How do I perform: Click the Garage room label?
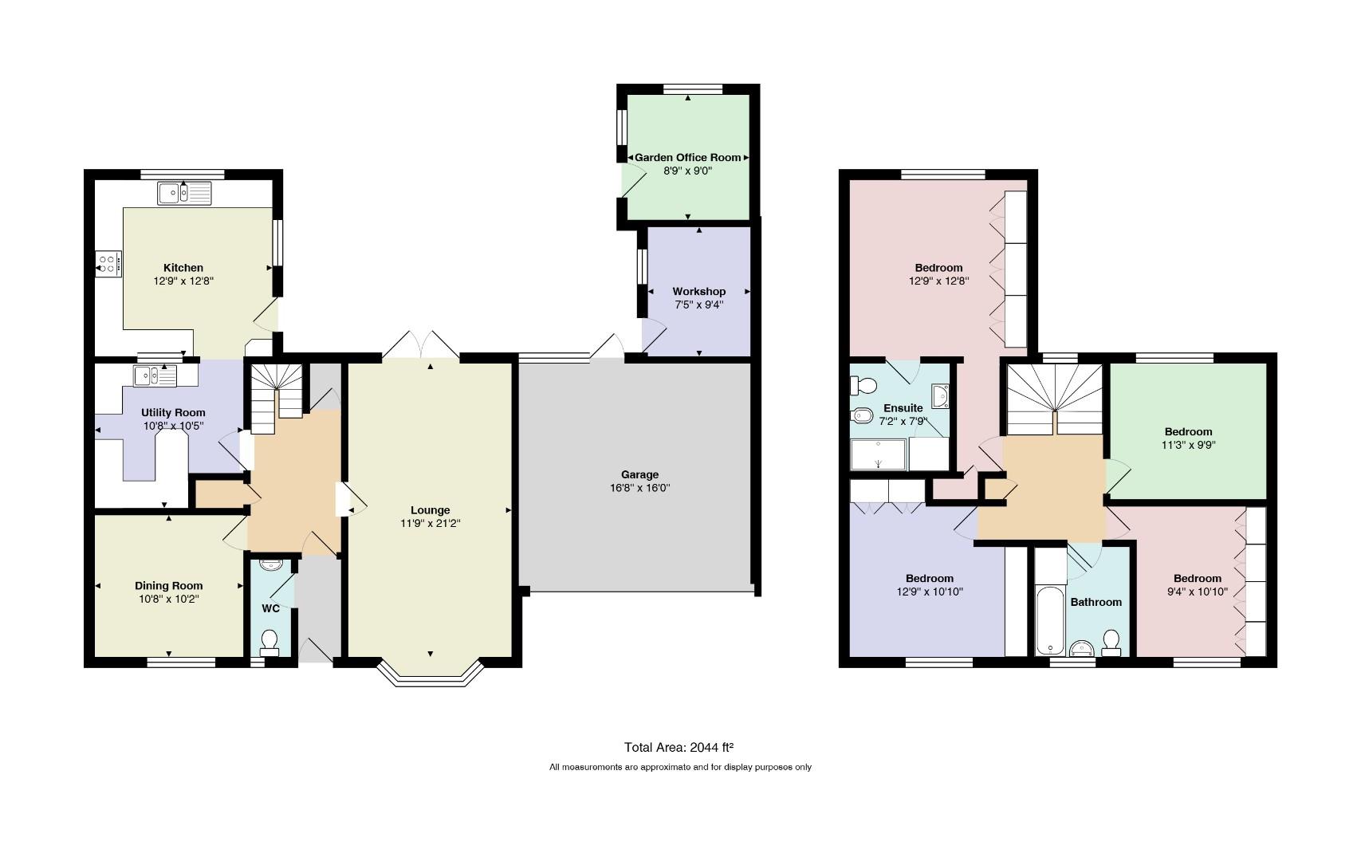coord(639,474)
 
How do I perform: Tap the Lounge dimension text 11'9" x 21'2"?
coord(431,523)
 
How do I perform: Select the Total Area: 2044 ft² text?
coord(679,747)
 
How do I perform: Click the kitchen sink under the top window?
coord(184,194)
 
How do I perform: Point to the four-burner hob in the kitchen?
coord(108,264)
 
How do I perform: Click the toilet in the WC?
coord(269,643)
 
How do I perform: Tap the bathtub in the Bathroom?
coord(1051,619)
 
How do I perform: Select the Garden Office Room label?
coord(688,157)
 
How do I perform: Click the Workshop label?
coord(698,292)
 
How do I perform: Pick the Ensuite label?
coord(903,408)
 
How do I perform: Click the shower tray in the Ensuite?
coord(878,454)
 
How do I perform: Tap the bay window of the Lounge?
coord(431,673)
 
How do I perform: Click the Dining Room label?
coord(169,586)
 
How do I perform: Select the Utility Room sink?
coord(155,376)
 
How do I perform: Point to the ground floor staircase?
coord(277,399)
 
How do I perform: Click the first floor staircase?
coord(1056,399)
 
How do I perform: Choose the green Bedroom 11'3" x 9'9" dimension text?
coord(1189,445)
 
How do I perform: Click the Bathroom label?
coord(1096,602)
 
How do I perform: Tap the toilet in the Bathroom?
coord(1111,643)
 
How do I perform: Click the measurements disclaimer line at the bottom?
coord(681,767)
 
